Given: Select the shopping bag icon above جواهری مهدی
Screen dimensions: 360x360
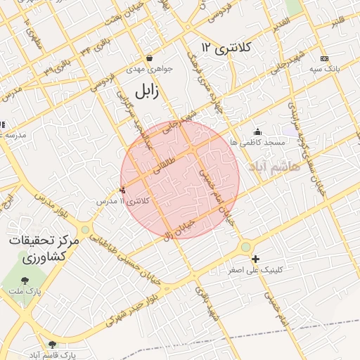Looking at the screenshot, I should pyautogui.click(x=149, y=58).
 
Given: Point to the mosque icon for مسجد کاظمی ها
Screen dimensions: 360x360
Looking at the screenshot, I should pyautogui.click(x=258, y=131).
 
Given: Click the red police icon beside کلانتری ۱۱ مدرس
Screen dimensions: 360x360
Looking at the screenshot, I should pyautogui.click(x=124, y=189).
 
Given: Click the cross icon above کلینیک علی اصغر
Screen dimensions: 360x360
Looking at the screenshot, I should pyautogui.click(x=255, y=259).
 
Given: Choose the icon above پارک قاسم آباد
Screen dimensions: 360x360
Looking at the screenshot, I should pyautogui.click(x=52, y=344).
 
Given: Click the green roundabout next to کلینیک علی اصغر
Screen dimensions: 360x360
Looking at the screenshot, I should pyautogui.click(x=245, y=247).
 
